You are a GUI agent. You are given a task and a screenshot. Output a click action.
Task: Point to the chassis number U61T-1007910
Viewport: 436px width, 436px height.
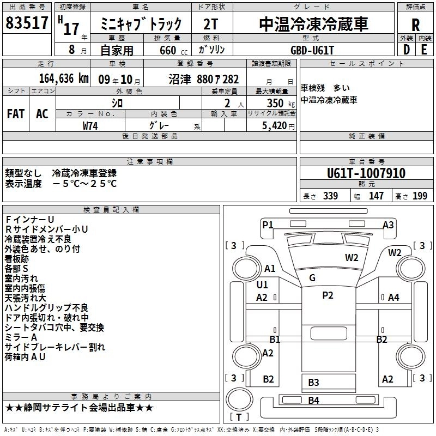(366, 174)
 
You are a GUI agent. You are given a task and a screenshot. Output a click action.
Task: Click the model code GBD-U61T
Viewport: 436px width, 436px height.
(313, 50)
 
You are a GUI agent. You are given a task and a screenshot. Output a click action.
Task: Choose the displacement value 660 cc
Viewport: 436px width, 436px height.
(167, 51)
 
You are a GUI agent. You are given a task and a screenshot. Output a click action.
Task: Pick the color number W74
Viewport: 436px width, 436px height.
(90, 125)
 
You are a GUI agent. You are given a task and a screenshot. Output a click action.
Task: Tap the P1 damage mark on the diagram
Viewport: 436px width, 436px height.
(268, 225)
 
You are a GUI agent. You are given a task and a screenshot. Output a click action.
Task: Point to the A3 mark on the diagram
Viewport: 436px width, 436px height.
(388, 225)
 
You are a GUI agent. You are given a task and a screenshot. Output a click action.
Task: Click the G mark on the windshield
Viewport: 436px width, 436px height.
(312, 278)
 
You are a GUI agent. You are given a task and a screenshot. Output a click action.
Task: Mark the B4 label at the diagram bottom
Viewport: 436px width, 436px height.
(313, 401)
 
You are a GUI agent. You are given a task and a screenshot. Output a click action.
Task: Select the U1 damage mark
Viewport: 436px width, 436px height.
(262, 285)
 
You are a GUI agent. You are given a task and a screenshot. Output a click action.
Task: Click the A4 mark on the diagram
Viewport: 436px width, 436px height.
(393, 297)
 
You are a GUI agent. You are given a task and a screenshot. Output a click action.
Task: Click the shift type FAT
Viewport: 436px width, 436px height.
(15, 114)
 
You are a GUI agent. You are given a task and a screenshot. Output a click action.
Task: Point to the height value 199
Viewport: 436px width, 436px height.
(420, 196)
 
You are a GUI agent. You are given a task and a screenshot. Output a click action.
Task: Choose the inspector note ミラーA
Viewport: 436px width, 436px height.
(21, 337)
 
